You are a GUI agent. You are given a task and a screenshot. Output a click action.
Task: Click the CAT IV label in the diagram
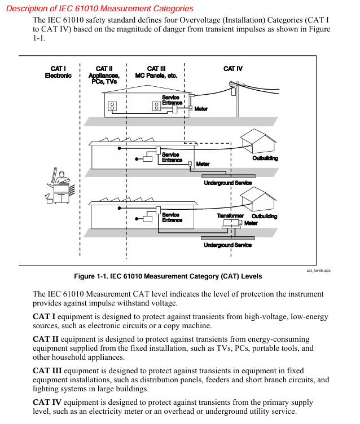tap(232, 69)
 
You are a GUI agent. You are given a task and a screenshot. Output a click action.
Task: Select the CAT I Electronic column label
tap(58, 72)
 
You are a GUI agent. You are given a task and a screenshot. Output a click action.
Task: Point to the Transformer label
tap(230, 216)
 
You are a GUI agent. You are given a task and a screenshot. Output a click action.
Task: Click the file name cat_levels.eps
tap(319, 271)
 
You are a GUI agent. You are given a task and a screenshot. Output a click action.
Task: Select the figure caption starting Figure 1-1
tap(168, 276)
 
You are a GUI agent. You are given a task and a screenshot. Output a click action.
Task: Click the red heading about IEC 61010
tap(99, 8)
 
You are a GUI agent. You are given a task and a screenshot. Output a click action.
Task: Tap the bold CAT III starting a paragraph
tap(47, 370)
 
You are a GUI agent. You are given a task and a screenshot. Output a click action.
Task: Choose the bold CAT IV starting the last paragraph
tap(47, 403)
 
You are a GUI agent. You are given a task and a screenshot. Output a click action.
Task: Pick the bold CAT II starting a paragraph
tap(46, 339)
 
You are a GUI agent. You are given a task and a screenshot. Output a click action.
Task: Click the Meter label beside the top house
tap(201, 109)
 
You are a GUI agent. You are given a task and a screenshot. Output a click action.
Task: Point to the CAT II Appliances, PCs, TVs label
tap(104, 76)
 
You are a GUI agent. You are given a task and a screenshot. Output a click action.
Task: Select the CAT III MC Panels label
tap(156, 72)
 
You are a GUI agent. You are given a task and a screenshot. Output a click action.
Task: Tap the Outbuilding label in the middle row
tap(265, 158)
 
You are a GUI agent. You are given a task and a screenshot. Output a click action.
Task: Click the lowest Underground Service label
tap(227, 245)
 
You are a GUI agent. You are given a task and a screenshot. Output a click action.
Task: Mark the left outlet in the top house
tap(112, 105)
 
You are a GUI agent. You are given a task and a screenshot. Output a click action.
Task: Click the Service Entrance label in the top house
tap(172, 100)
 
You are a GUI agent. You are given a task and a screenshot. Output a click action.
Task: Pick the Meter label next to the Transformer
tap(251, 223)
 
